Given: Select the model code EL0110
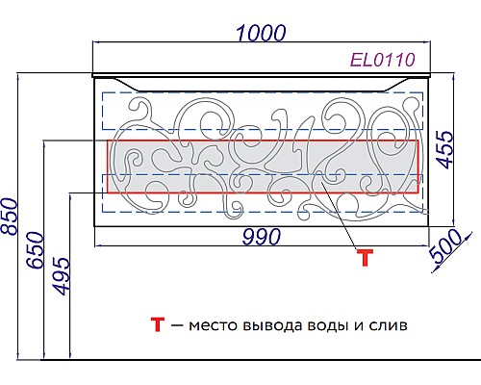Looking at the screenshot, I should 382,61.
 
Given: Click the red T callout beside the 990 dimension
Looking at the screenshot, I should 364,257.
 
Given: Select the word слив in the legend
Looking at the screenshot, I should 388,326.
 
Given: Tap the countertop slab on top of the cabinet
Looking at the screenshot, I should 259,75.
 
